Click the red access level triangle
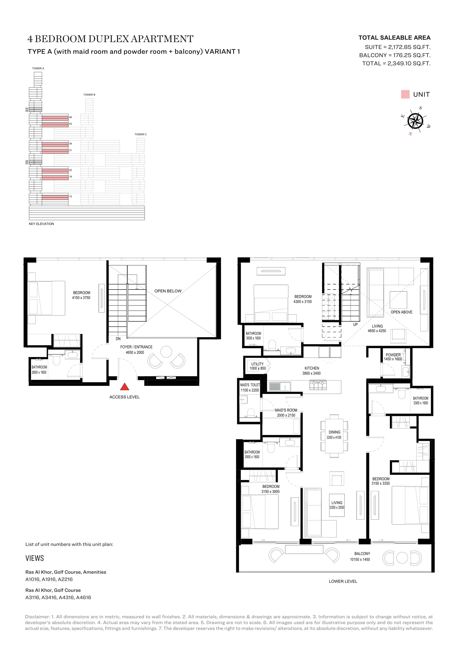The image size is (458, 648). tap(125, 387)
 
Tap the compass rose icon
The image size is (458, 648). tap(416, 121)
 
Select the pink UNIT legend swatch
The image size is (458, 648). tap(405, 94)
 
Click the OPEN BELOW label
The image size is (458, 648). tap(168, 291)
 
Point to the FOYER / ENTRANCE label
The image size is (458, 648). tap(136, 347)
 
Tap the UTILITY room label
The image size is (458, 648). tap(258, 364)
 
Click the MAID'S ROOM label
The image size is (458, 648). tap(286, 410)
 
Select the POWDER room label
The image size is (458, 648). tap(393, 355)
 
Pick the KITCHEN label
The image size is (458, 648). tap(312, 368)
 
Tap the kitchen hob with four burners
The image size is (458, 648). tap(318, 385)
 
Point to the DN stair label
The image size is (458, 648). tap(118, 339)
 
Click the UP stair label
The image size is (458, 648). tap(355, 325)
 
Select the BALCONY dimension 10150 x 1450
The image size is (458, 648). tap(360, 559)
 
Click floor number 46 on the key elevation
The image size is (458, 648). tap(71, 117)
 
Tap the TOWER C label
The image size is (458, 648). tap(140, 134)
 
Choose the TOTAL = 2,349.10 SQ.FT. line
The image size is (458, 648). tap(396, 63)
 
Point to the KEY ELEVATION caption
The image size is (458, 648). tap(41, 224)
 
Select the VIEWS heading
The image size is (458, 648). tap(35, 558)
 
